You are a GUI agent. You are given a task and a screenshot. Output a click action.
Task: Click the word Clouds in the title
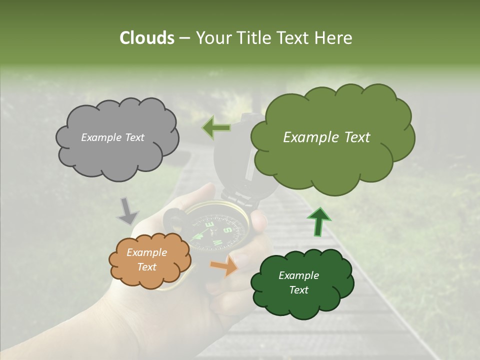(146, 38)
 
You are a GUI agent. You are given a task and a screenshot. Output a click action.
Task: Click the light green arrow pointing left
(216, 128)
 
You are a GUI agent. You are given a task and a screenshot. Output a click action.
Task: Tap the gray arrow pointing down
(127, 210)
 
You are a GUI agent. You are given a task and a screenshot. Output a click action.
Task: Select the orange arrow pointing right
(224, 265)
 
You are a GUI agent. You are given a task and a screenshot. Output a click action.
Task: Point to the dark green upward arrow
(318, 220)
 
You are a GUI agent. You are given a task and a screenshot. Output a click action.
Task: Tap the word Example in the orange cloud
(146, 252)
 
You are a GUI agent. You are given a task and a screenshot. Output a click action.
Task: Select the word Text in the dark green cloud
(298, 290)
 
